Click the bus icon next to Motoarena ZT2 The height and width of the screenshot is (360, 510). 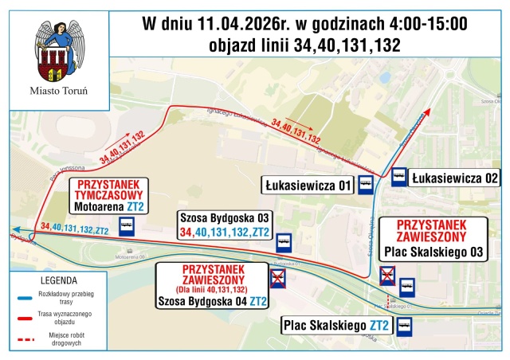point(126,226)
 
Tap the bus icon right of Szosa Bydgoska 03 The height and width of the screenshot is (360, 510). point(283,238)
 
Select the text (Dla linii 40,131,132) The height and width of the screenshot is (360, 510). point(213,288)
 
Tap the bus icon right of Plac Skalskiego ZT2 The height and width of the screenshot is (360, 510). point(404,326)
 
